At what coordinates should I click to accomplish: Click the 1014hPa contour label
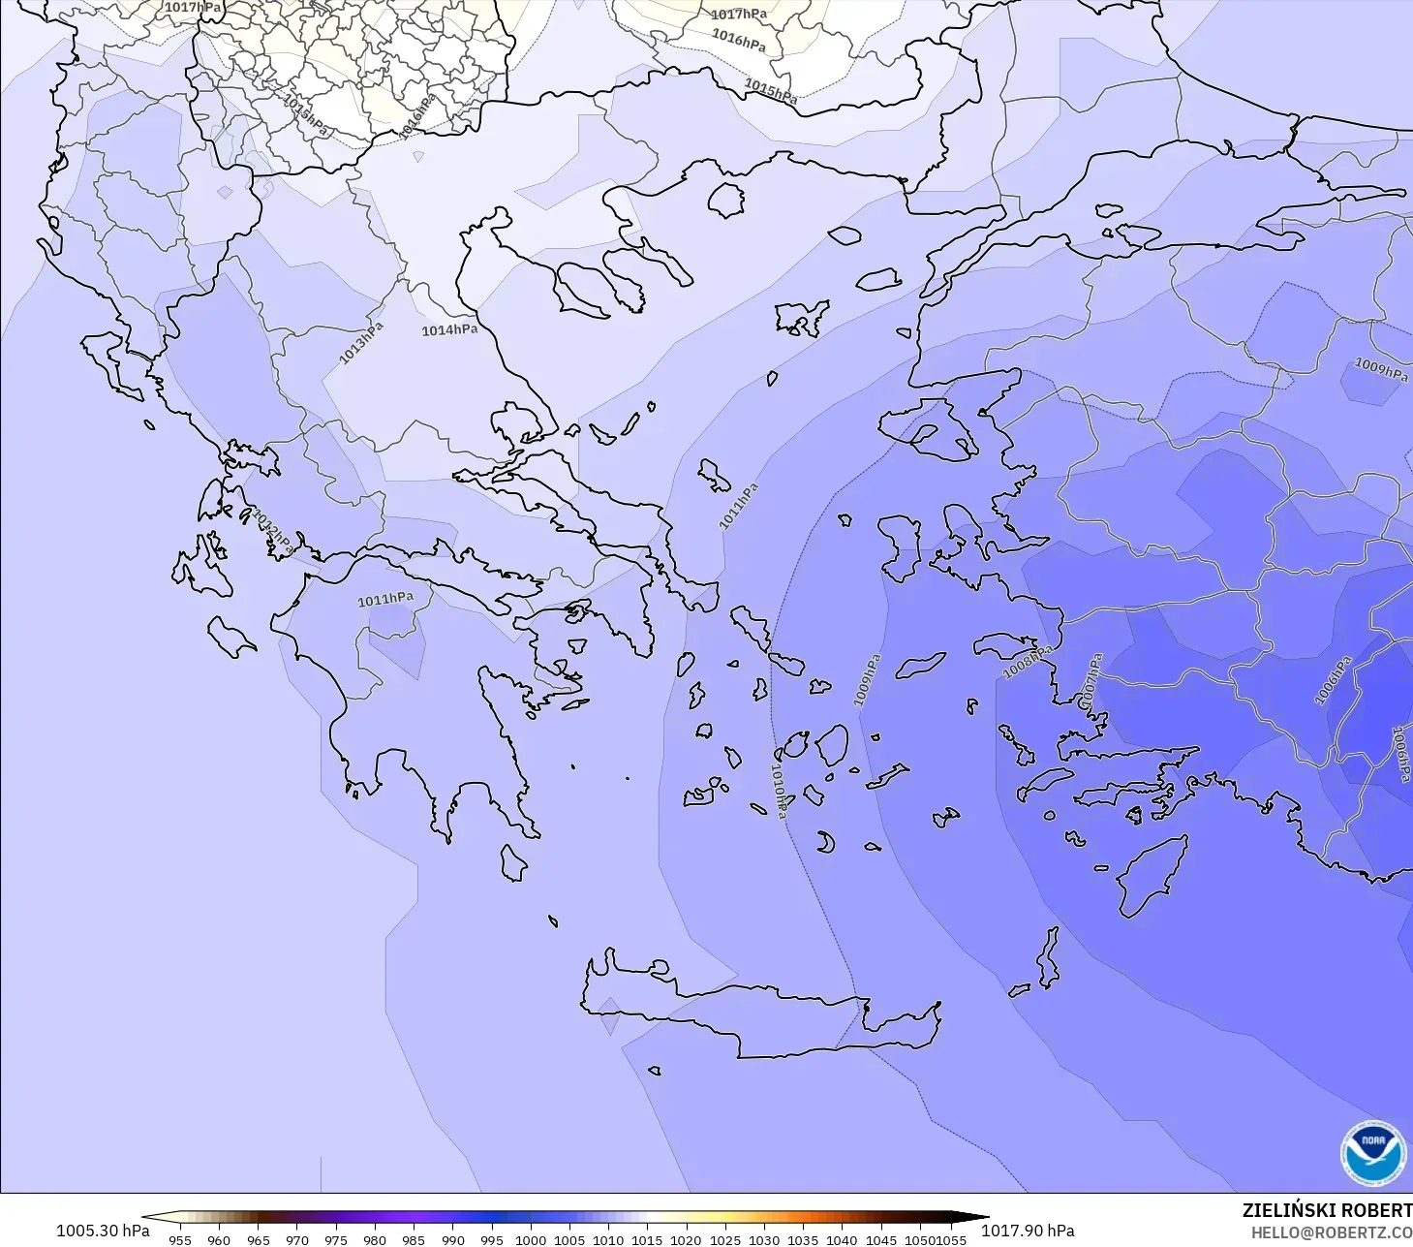pyautogui.click(x=449, y=330)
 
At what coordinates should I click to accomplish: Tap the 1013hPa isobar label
pyautogui.click(x=360, y=344)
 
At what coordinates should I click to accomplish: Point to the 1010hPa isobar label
pyautogui.click(x=779, y=791)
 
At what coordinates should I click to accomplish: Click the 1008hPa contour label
pyautogui.click(x=1027, y=663)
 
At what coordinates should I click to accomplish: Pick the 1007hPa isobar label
pyautogui.click(x=1090, y=681)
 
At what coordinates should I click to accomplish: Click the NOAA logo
pyautogui.click(x=1373, y=1153)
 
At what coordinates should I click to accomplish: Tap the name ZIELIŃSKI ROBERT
pyautogui.click(x=1327, y=1211)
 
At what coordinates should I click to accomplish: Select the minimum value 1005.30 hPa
pyautogui.click(x=103, y=1231)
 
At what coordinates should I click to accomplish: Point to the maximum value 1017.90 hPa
pyautogui.click(x=1028, y=1231)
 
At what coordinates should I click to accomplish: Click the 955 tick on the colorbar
pyautogui.click(x=180, y=1239)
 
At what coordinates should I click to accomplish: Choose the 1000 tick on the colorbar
pyautogui.click(x=531, y=1239)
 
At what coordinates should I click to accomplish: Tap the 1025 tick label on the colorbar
pyautogui.click(x=725, y=1239)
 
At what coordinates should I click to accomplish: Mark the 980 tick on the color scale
pyautogui.click(x=375, y=1239)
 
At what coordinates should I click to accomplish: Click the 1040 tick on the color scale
pyautogui.click(x=842, y=1239)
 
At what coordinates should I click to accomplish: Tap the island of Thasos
pyautogui.click(x=725, y=201)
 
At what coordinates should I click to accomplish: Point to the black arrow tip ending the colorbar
pyautogui.click(x=980, y=1218)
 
